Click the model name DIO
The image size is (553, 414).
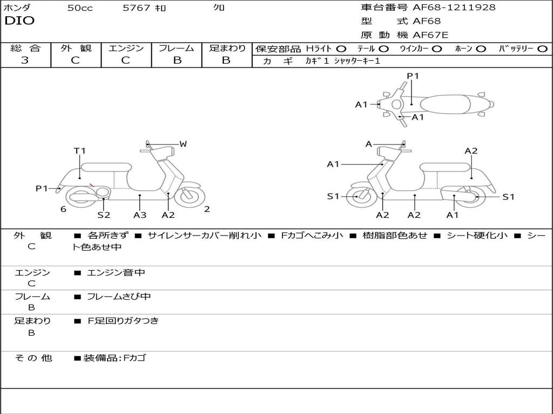tap(19, 21)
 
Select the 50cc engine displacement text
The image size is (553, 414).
tap(80, 8)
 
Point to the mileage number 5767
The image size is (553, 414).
tap(137, 8)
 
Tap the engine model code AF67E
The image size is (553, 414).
tap(430, 36)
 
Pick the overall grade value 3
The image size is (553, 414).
tap(25, 60)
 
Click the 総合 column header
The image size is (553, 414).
tap(25, 48)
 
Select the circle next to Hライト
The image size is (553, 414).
tap(341, 49)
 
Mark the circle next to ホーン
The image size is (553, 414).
tap(481, 49)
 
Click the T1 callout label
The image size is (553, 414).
tap(80, 151)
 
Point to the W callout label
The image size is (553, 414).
tap(183, 144)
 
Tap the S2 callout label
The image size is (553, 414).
tap(104, 215)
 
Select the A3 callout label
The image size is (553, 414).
tap(140, 215)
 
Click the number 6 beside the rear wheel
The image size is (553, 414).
tap(63, 209)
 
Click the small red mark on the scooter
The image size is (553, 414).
tap(92, 185)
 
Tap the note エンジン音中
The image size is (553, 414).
tap(116, 273)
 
